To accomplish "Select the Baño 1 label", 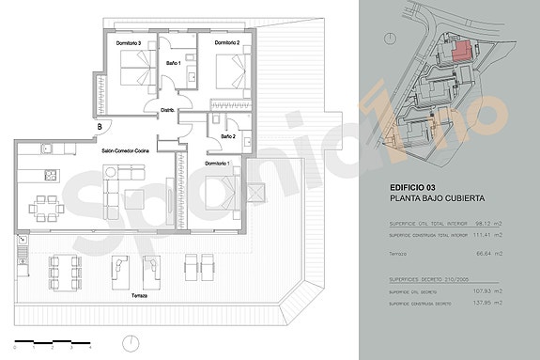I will [x=173, y=63].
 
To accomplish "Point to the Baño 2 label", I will [x=227, y=137].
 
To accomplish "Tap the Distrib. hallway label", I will [x=167, y=110].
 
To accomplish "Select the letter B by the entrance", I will [x=99, y=127].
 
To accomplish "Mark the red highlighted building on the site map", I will [x=460, y=51].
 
